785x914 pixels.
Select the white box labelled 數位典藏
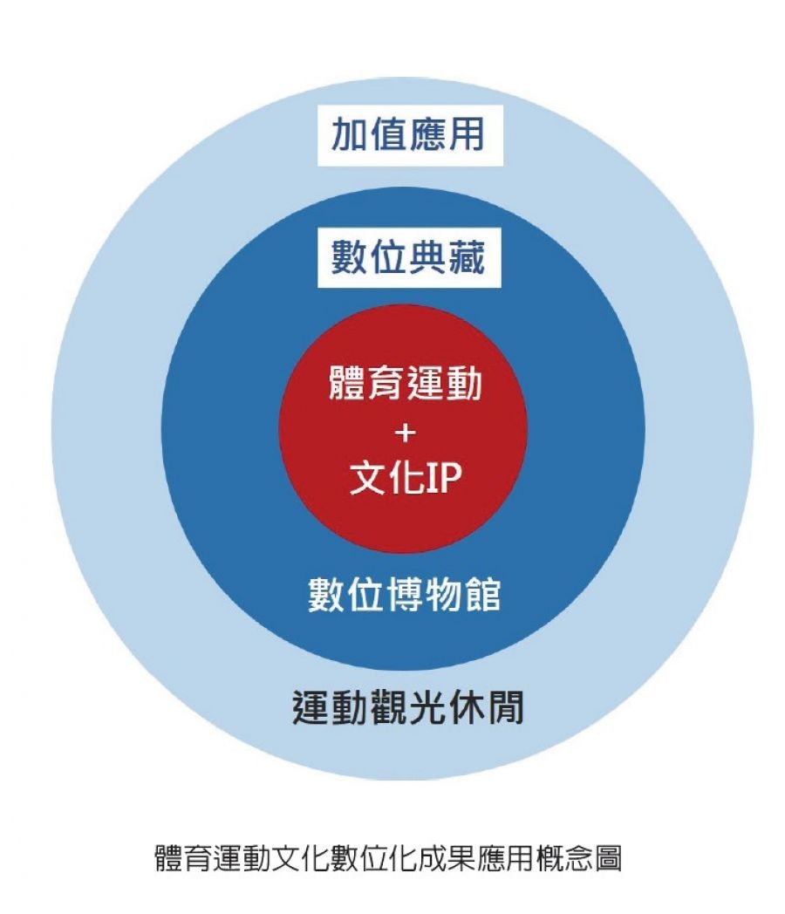407,259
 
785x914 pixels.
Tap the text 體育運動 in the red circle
404,384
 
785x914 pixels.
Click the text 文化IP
404,479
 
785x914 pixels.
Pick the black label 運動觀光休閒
407,709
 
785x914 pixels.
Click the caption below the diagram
387,857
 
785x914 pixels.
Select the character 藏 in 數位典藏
465,259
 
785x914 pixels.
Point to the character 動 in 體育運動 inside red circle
463,384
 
